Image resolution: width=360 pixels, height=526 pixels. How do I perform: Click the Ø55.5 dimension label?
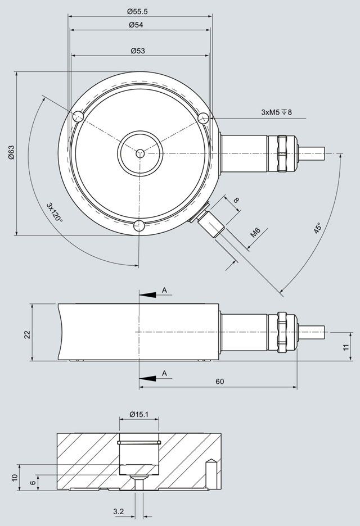[138, 11]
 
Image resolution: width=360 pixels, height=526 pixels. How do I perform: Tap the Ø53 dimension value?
[138, 51]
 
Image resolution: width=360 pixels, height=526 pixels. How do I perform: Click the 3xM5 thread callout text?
[276, 112]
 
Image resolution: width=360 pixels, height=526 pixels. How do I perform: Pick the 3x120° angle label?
[55, 212]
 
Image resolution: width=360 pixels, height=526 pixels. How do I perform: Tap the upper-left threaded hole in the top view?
[77, 117]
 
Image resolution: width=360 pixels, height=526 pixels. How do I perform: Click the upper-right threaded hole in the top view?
[204, 118]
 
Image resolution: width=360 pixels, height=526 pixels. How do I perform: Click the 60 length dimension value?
[220, 382]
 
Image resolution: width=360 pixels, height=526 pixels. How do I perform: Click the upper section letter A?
[165, 289]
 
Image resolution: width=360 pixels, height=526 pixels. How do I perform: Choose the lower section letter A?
[165, 373]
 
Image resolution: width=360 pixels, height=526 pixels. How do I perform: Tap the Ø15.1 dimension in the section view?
[139, 415]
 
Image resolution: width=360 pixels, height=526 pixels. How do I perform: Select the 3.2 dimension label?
[118, 511]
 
